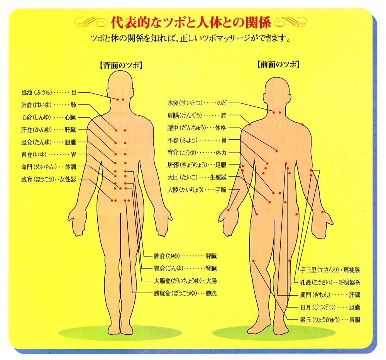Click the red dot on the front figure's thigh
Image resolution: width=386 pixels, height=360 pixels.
(x=254, y=261)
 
